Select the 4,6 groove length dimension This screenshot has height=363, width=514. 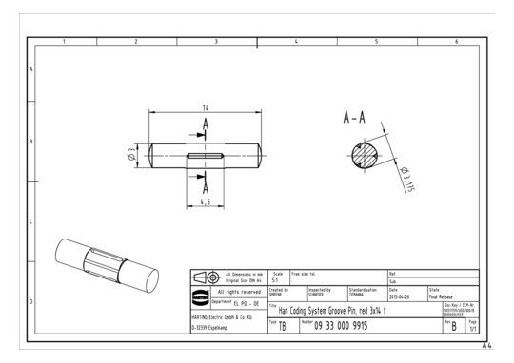[x=205, y=202]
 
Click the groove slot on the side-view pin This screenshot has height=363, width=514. [x=206, y=156]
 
